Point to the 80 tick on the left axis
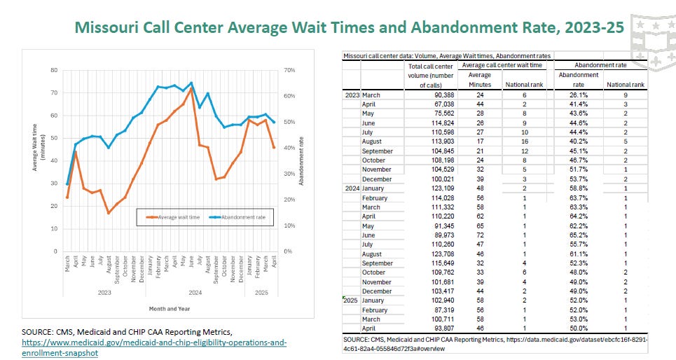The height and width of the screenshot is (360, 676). point(54,71)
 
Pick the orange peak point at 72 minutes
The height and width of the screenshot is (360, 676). point(191,88)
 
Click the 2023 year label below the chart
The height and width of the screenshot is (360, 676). point(104,291)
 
